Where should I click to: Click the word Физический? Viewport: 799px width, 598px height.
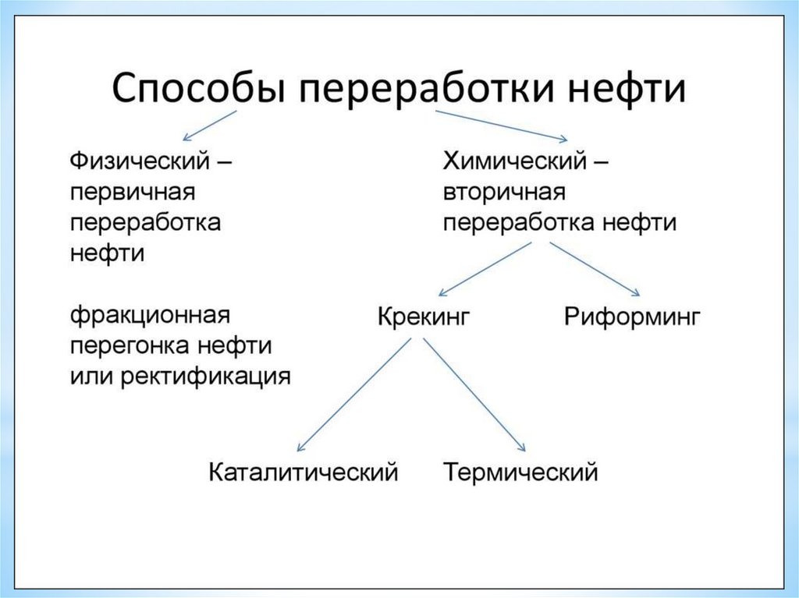point(140,163)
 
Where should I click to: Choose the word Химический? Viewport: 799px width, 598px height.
point(515,163)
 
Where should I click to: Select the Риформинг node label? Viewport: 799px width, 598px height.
point(631,317)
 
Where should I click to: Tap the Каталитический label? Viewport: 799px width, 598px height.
point(304,472)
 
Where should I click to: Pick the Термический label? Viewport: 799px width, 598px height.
point(520,472)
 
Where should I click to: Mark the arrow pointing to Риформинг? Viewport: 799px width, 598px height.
point(595,269)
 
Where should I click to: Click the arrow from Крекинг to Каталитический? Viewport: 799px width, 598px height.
point(354,395)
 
